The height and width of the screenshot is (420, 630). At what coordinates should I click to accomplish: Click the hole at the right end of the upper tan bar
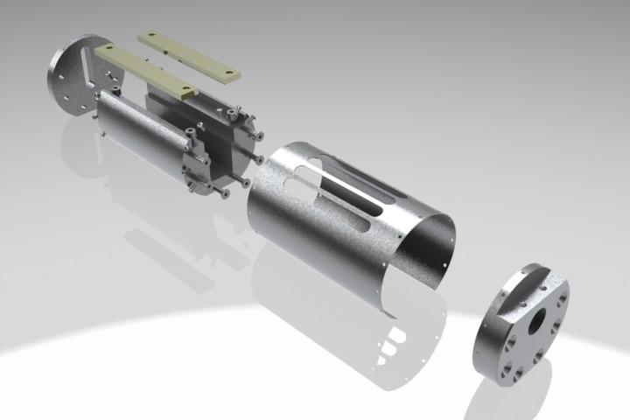pos(230,73)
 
